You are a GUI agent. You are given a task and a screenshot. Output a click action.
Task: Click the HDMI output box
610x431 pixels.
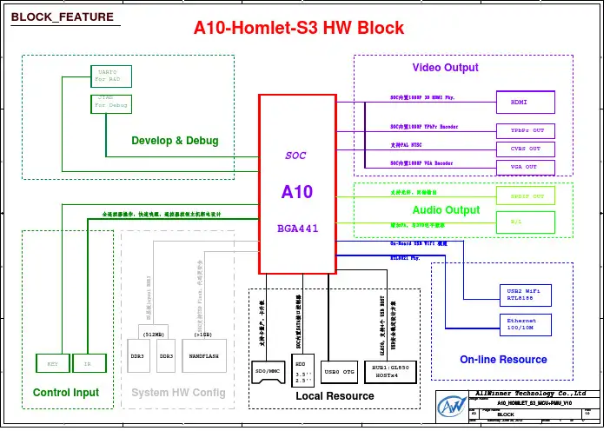pos(525,103)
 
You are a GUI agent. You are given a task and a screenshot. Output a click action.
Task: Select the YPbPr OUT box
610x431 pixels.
pos(525,130)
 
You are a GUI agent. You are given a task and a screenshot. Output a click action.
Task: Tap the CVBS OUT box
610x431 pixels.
pos(525,149)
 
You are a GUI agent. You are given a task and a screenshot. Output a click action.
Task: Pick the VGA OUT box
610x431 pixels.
pos(525,166)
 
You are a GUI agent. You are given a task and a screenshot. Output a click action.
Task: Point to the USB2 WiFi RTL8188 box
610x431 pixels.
pos(526,294)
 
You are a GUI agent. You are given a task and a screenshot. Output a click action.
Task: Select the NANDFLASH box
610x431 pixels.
pos(204,356)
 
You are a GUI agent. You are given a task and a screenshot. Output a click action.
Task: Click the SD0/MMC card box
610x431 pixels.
pos(268,371)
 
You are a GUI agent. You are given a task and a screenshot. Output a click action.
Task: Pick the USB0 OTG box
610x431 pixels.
pos(339,372)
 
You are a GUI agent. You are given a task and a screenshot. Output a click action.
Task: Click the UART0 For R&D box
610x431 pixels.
pos(109,76)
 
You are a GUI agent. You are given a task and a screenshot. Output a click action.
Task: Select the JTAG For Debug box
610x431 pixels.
pos(110,103)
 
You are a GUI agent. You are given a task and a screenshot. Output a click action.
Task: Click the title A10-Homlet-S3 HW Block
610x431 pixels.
pos(299,28)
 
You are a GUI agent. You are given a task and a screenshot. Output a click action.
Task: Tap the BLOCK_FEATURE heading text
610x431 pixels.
pos(63,17)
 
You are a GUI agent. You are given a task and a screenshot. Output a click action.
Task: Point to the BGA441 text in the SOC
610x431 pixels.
pos(296,230)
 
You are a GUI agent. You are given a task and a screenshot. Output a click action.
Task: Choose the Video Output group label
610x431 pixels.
pos(445,67)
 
